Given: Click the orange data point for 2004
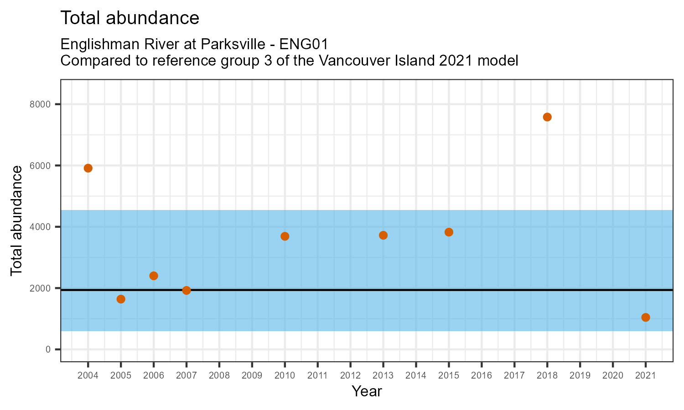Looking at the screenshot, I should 88,168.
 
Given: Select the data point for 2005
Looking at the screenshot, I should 121,299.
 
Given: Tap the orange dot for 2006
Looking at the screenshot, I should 154,276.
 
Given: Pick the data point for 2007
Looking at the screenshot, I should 187,290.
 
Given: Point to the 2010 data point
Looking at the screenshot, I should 285,236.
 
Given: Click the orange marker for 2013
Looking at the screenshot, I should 383,235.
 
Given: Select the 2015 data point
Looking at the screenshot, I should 449,232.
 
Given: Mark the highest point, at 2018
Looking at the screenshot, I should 547,117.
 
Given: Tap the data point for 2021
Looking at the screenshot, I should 645,317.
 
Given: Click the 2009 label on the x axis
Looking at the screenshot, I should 252,376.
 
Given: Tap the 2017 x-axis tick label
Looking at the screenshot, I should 514,376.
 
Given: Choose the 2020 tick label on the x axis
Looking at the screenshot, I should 612,376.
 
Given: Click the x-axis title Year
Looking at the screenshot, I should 367,391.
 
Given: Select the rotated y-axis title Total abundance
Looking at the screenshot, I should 16,220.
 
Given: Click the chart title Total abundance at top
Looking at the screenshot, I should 130,18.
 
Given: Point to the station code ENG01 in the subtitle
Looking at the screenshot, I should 304,45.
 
